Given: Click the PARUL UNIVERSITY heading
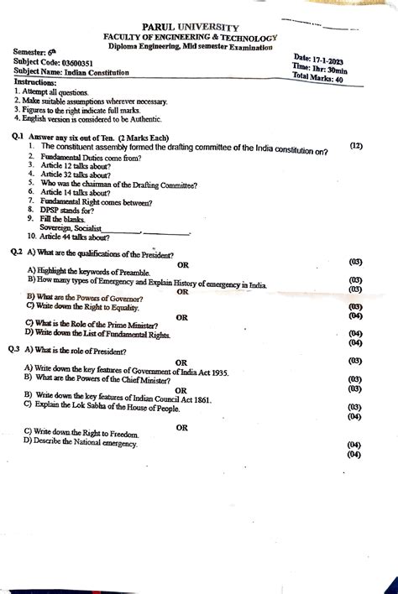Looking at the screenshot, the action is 189,28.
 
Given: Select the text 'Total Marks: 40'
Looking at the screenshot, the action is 317,78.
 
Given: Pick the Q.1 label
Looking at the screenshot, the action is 17,137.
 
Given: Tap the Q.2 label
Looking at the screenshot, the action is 16,253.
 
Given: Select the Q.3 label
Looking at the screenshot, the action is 16,349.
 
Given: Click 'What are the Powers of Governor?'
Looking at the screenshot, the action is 91,297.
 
